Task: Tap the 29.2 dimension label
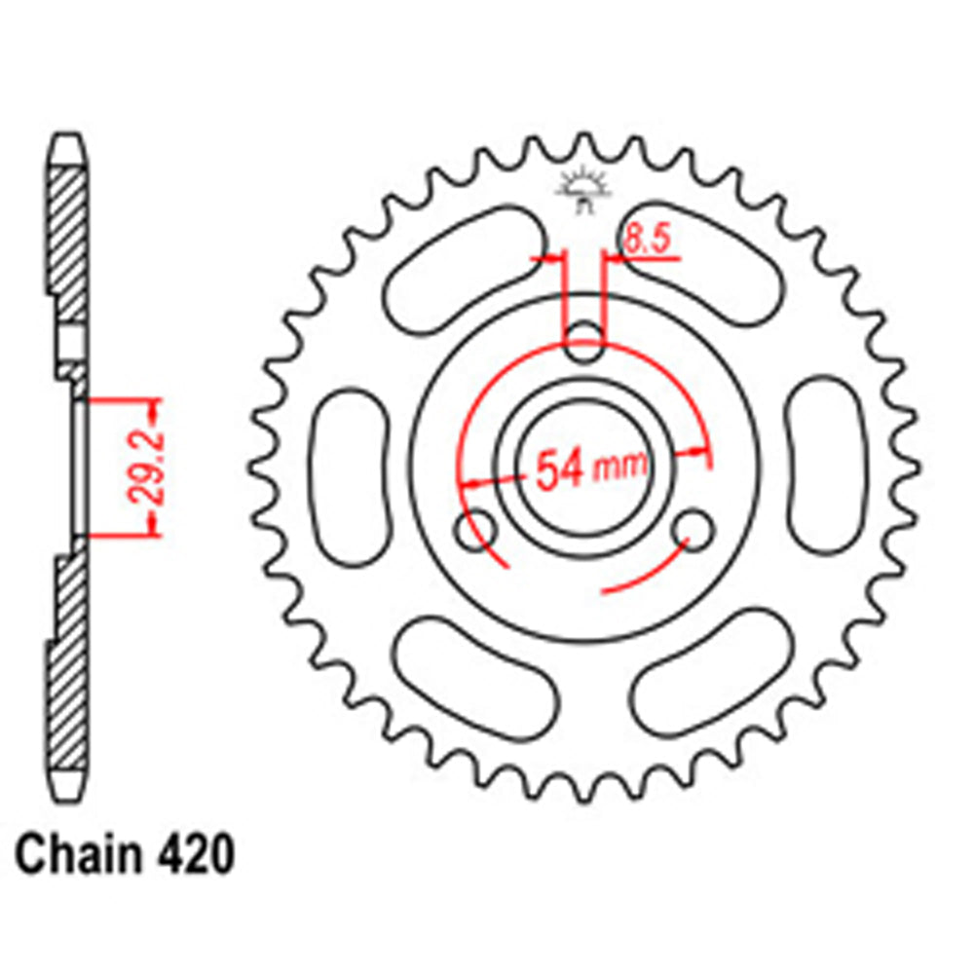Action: coord(145,467)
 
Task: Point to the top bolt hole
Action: coord(584,341)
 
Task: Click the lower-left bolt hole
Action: coord(475,531)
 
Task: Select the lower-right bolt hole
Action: coord(695,529)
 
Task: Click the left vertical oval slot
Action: coord(354,477)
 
